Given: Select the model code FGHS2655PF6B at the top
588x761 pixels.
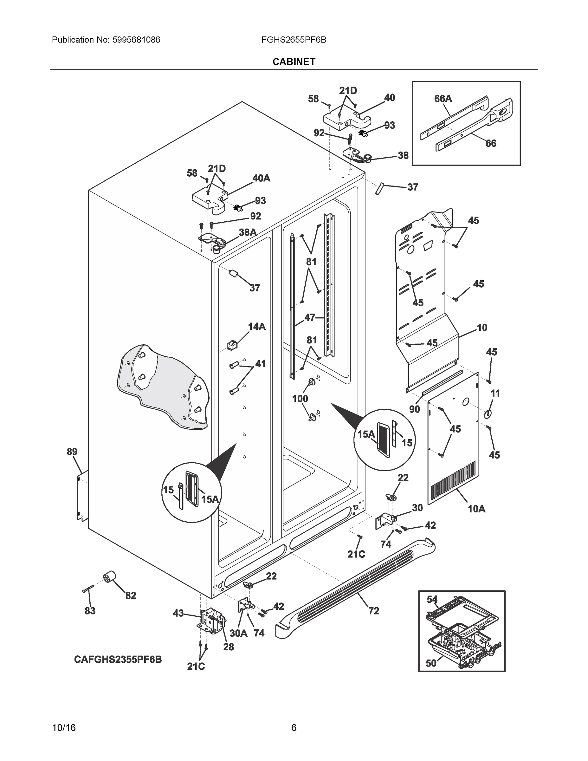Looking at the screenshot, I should [x=294, y=40].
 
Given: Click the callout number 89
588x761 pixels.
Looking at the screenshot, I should [x=72, y=452].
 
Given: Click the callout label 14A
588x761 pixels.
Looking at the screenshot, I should [x=256, y=327].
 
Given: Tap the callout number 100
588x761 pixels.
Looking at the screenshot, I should [x=300, y=398].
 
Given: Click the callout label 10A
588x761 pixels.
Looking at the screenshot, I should [x=476, y=509].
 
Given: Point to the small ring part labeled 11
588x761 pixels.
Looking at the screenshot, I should [x=488, y=413].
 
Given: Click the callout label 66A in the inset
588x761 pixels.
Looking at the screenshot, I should [x=443, y=99].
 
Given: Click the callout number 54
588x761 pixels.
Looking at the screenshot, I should [x=432, y=599].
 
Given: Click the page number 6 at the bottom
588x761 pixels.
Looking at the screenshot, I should [x=294, y=728].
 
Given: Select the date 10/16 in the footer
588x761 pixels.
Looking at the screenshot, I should [x=64, y=728].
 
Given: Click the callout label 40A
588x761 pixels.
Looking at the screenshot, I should [x=261, y=178].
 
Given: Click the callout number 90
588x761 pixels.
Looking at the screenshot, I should [x=414, y=409].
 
